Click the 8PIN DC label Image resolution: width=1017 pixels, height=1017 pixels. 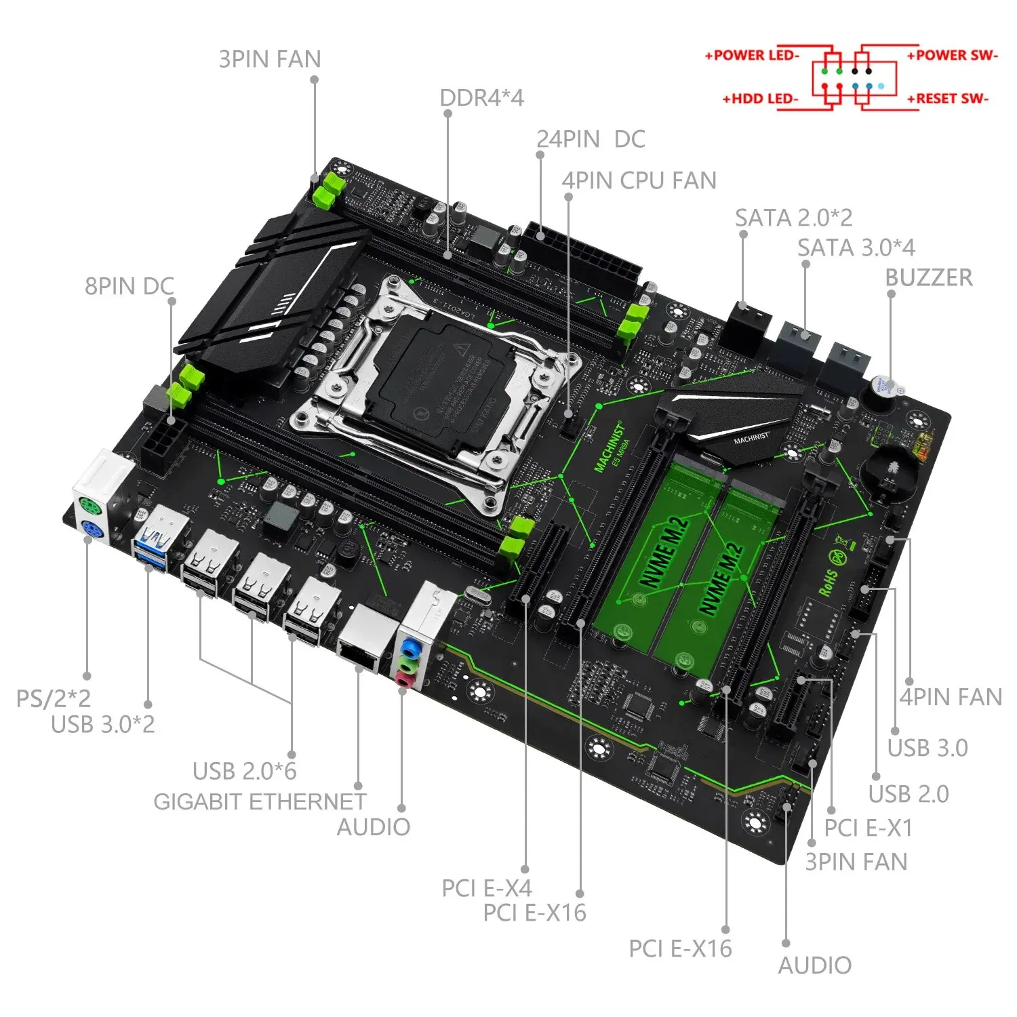pos(129,286)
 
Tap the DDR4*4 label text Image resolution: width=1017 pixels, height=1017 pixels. pos(481,98)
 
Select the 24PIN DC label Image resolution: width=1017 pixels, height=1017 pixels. pos(591,140)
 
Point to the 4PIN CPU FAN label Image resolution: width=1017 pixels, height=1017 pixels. pos(639,181)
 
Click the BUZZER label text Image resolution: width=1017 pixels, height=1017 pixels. pos(928,278)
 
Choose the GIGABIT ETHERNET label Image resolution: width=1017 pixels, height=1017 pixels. pos(260,802)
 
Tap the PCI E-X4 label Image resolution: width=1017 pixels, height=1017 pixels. pos(487,888)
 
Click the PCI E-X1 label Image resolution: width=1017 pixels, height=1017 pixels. pos(868,828)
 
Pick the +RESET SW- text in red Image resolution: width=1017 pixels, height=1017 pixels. pos(947,99)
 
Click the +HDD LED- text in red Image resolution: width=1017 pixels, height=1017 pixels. pos(760,99)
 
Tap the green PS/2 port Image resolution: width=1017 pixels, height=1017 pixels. pos(89,507)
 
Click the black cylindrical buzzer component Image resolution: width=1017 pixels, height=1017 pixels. pos(879,392)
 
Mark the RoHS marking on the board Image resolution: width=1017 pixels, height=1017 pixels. pos(828,582)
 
